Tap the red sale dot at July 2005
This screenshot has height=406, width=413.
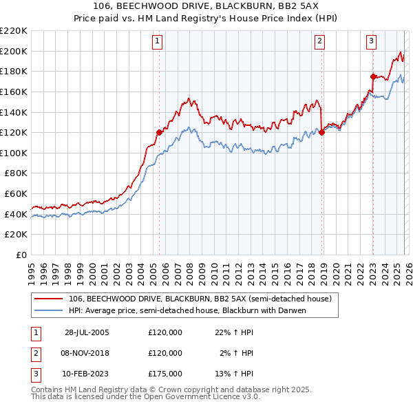pos(159,132)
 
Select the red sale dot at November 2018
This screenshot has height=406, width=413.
pos(321,133)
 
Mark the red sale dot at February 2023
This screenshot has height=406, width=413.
pos(373,76)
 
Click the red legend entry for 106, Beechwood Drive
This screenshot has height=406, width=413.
pos(200,299)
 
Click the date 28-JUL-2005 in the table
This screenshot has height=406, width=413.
pos(87,332)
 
